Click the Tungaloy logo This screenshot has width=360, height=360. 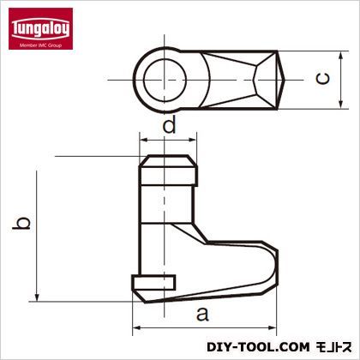40,28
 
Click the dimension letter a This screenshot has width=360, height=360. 202,314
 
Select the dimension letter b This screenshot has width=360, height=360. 21,223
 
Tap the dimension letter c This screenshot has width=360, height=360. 323,79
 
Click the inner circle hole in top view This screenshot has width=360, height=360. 165,80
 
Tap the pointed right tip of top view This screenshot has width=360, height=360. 285,80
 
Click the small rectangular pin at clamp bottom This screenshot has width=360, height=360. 153,283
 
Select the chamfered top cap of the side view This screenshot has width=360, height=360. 168,170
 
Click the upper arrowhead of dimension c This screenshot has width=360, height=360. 340,56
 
